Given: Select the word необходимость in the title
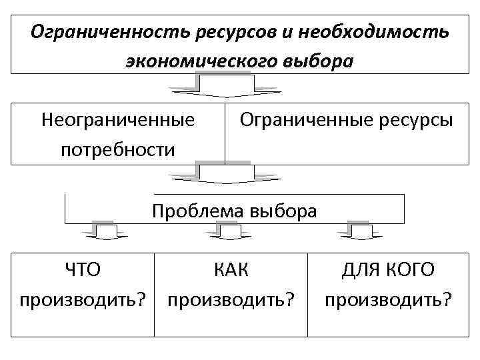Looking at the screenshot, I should pyautogui.click(x=373, y=31).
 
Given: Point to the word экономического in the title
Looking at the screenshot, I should pyautogui.click(x=199, y=61).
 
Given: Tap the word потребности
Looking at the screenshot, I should pyautogui.click(x=118, y=149).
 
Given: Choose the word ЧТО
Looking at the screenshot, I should pyautogui.click(x=82, y=270).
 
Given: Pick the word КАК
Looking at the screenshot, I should pyautogui.click(x=231, y=270).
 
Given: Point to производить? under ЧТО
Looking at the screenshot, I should pyautogui.click(x=83, y=299).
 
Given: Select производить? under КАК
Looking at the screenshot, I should pyautogui.click(x=231, y=299).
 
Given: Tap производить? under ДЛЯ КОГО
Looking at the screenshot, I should pyautogui.click(x=388, y=299).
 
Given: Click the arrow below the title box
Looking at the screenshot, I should pyautogui.click(x=225, y=86).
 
